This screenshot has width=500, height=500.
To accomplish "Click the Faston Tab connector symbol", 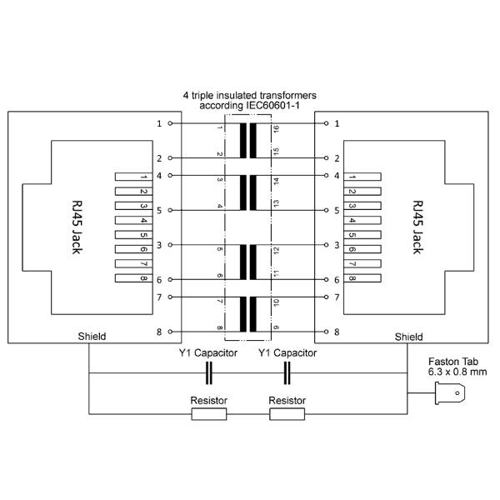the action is pyautogui.click(x=450, y=393).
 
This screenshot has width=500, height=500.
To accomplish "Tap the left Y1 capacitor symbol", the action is pyautogui.click(x=209, y=372).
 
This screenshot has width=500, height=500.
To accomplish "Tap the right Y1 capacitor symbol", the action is pyautogui.click(x=287, y=372).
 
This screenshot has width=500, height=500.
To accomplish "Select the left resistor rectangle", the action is pyautogui.click(x=209, y=414).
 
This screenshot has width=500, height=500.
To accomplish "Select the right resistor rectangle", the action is pyautogui.click(x=287, y=414).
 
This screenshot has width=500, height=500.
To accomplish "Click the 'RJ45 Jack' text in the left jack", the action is pyautogui.click(x=77, y=227).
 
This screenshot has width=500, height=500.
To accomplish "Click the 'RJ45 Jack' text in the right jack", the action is pyautogui.click(x=417, y=227).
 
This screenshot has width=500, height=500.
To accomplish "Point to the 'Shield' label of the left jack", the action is pyautogui.click(x=92, y=337).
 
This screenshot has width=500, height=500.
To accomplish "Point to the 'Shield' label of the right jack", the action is pyautogui.click(x=409, y=337).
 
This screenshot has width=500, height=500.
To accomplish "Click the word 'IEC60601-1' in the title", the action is pyautogui.click(x=272, y=106).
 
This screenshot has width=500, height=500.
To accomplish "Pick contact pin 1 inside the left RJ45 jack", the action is pyautogui.click(x=133, y=177).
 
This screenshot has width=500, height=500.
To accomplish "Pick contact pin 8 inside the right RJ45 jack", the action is pyautogui.click(x=362, y=278).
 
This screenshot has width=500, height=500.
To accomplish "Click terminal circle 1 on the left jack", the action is pyautogui.click(x=170, y=123).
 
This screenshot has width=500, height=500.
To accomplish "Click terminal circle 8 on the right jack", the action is pyautogui.click(x=326, y=332).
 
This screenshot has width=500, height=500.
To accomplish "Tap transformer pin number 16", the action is pyautogui.click(x=276, y=129).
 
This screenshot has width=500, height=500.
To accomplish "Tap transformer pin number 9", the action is pyautogui.click(x=276, y=327).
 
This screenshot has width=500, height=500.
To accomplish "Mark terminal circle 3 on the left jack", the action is pyautogui.click(x=170, y=245).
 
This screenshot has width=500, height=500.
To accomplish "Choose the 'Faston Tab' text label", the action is pyautogui.click(x=453, y=362).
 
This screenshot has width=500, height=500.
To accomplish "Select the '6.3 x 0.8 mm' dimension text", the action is pyautogui.click(x=457, y=372).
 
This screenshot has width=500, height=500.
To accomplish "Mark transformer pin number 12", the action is pyautogui.click(x=276, y=251).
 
